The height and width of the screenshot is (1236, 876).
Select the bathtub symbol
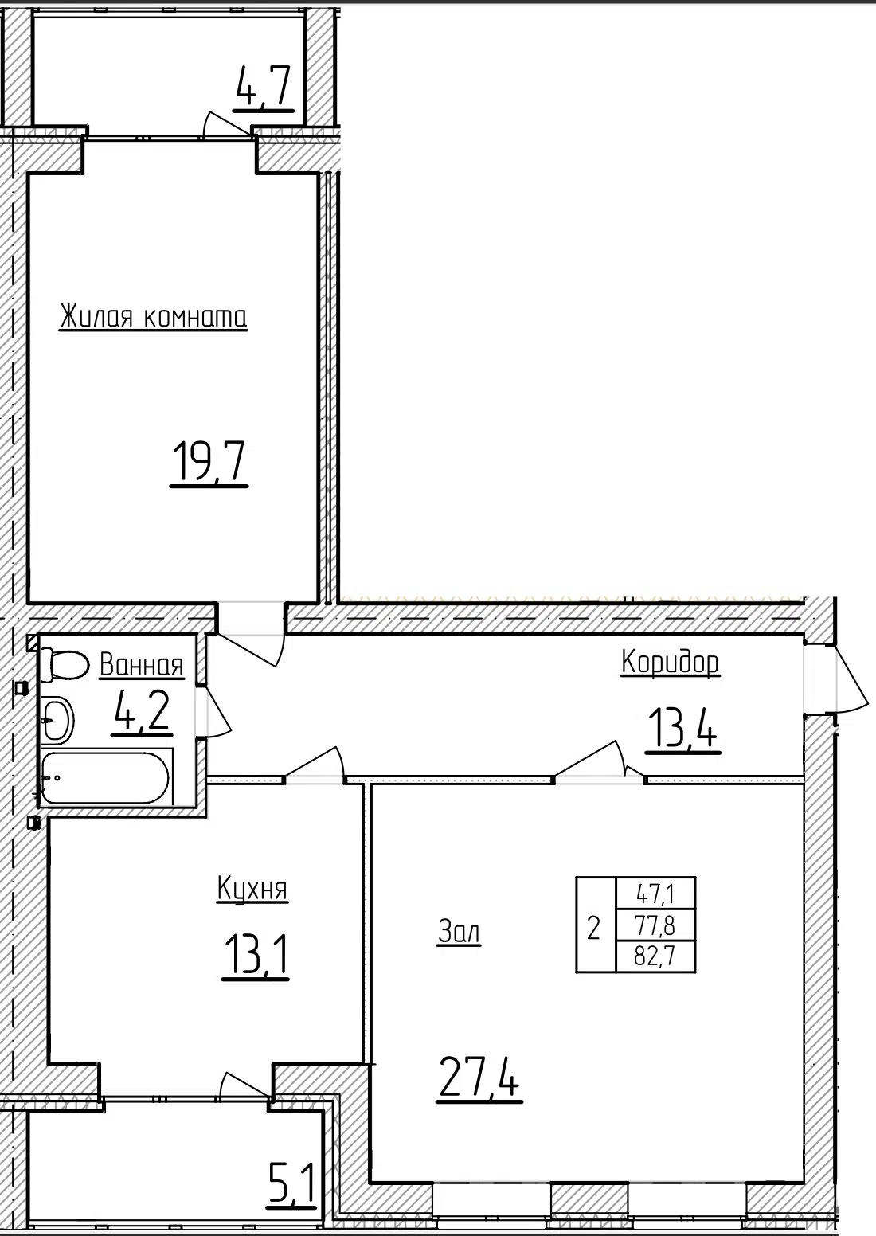pyautogui.click(x=107, y=778)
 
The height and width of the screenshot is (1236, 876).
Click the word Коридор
pyautogui.click(x=670, y=662)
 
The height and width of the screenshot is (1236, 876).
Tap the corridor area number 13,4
pyautogui.click(x=683, y=729)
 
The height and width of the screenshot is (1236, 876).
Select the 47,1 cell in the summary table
pyautogui.click(x=655, y=894)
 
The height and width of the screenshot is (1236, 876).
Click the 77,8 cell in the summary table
pyautogui.click(x=655, y=925)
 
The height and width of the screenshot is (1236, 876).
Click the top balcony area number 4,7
pyautogui.click(x=263, y=87)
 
